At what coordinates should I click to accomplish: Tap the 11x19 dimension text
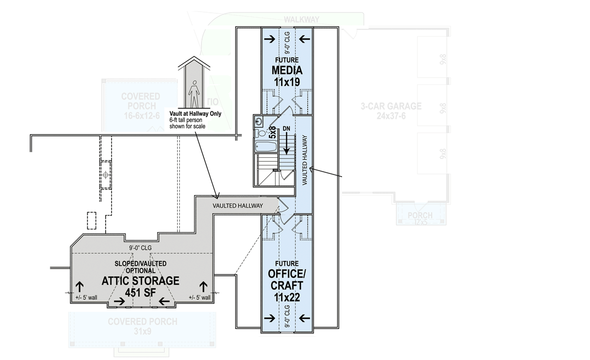click(x=287, y=81)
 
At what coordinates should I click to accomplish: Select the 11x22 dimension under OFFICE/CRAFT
click(x=287, y=296)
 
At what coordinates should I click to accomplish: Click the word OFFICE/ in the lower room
click(x=287, y=274)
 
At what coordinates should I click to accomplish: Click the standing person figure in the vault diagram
click(x=193, y=94)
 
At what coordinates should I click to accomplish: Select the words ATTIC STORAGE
click(x=141, y=281)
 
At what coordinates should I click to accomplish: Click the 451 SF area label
click(x=141, y=292)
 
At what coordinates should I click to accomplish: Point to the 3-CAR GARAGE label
click(x=391, y=106)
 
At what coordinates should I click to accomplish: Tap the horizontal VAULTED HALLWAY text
click(x=238, y=205)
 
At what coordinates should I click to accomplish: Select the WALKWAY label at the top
click(x=301, y=19)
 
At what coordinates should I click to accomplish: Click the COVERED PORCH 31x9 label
click(x=142, y=326)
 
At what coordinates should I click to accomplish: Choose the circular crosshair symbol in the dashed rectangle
click(x=105, y=174)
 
